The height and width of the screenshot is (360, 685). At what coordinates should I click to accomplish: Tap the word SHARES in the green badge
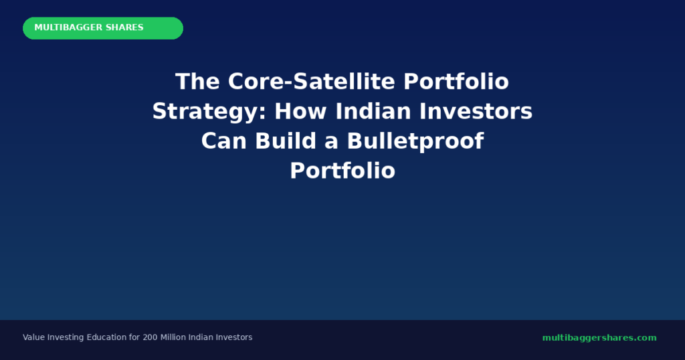point(124,27)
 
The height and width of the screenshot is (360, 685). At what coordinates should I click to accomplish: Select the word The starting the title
point(197,82)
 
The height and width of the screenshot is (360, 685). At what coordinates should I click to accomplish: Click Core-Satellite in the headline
point(312,82)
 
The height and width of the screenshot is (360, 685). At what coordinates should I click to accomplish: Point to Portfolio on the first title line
point(456,82)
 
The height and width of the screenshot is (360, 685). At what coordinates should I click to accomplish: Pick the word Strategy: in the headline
point(209,112)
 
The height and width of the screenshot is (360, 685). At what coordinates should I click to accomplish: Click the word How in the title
point(300,111)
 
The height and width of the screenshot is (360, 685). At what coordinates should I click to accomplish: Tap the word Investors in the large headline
point(476,111)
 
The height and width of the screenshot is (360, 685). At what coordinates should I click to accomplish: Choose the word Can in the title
point(223,141)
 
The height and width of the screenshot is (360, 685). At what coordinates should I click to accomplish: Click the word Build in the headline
point(286,141)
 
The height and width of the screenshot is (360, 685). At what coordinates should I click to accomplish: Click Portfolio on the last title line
point(342,171)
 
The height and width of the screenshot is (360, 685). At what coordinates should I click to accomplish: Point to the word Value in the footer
point(33,337)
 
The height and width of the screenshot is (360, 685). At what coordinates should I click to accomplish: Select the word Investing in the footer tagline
point(66,338)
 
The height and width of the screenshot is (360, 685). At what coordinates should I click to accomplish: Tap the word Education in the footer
point(106,337)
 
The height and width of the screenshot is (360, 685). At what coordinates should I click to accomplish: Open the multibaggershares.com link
point(599,338)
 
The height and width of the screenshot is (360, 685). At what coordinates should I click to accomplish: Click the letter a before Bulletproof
point(332,143)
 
